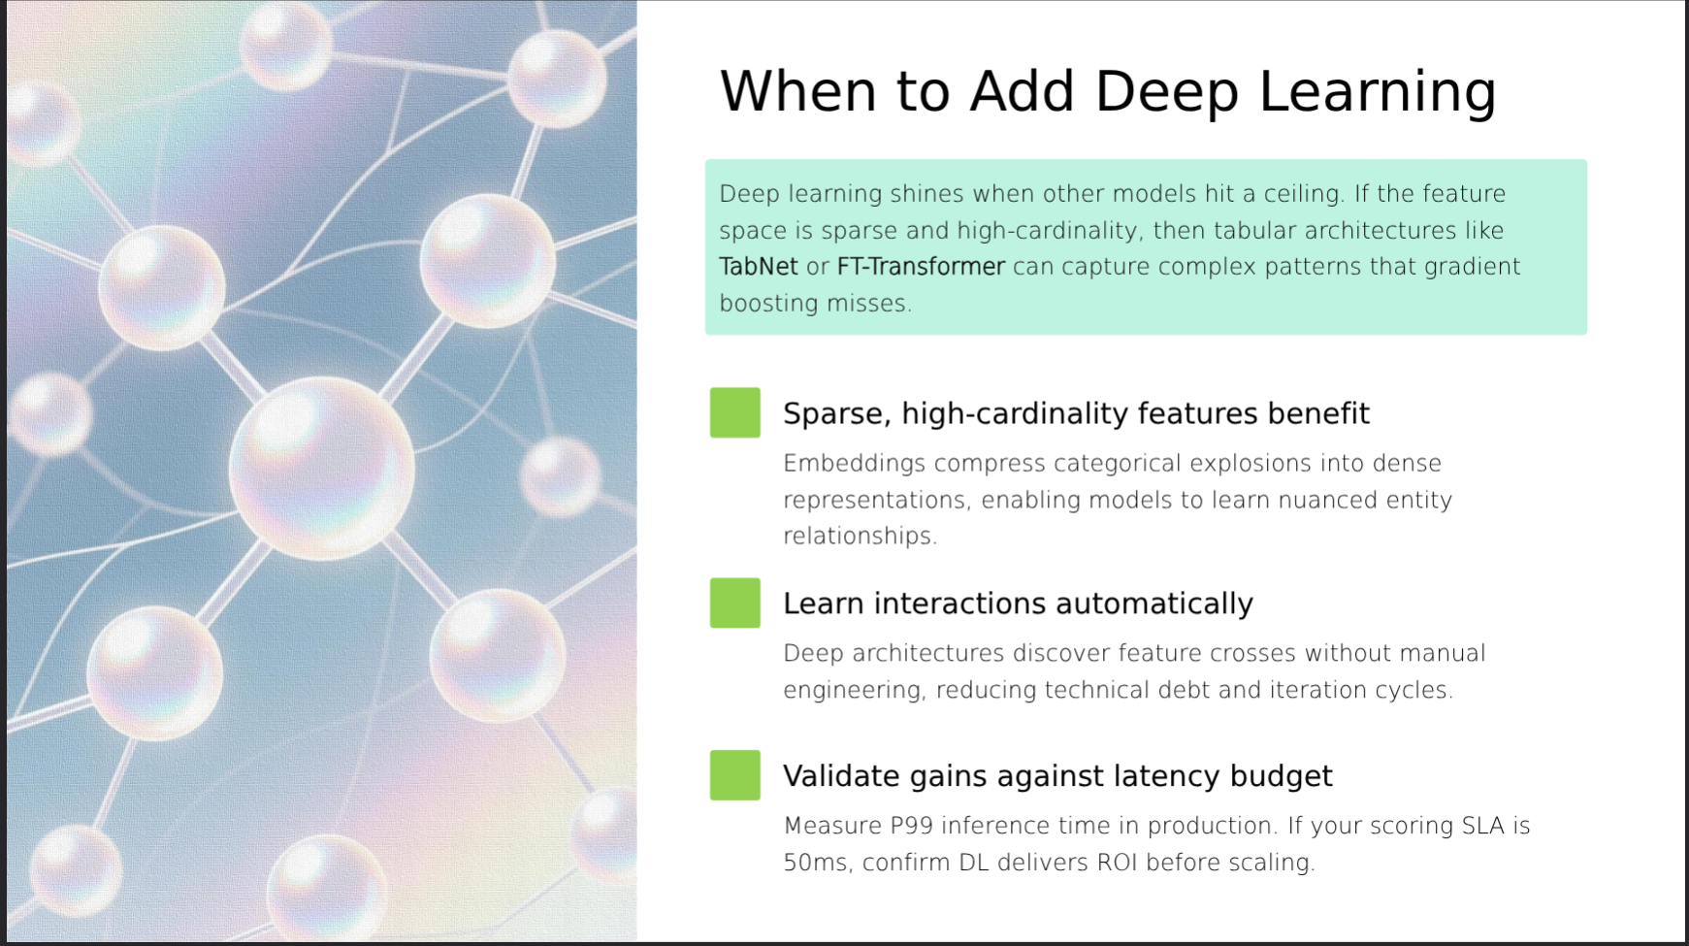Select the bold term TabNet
[x=759, y=267]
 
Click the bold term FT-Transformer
[x=921, y=267]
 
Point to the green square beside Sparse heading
[x=735, y=412]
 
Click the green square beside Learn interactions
[x=735, y=603]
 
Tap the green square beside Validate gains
[x=735, y=775]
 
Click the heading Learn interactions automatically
[x=1018, y=603]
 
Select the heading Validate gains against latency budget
[x=1057, y=776]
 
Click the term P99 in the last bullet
[x=912, y=826]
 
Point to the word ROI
[x=1117, y=863]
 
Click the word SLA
[x=1483, y=826]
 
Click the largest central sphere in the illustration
[x=322, y=469]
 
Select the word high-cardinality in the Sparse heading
[x=1016, y=414]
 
